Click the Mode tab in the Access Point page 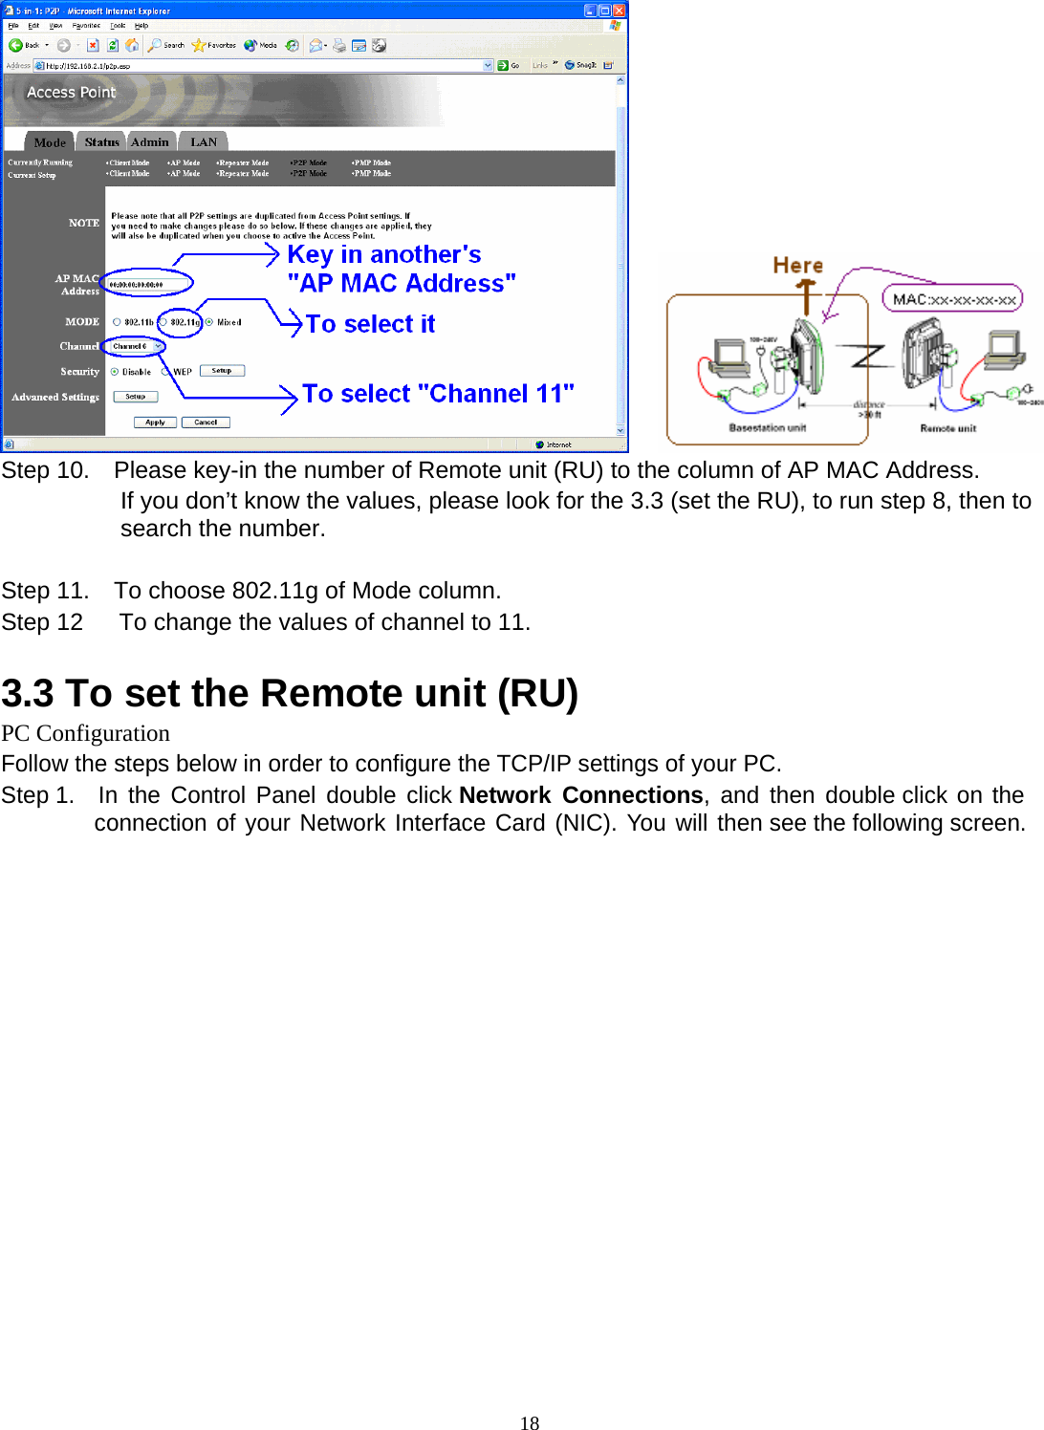pos(50,142)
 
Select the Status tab pos(101,142)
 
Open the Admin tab pos(150,142)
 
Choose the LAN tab pos(204,142)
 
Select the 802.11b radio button pos(117,322)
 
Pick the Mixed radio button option pos(209,322)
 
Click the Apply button pos(155,422)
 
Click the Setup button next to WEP pos(222,371)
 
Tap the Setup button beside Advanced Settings pos(136,397)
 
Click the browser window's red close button pos(619,11)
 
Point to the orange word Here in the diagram pos(797,266)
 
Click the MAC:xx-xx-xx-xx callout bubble pos(953,299)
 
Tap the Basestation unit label pos(767,428)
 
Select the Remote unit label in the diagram pos(947,428)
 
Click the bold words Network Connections pos(580,795)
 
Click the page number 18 pos(530,1423)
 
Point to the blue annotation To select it pos(370,325)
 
